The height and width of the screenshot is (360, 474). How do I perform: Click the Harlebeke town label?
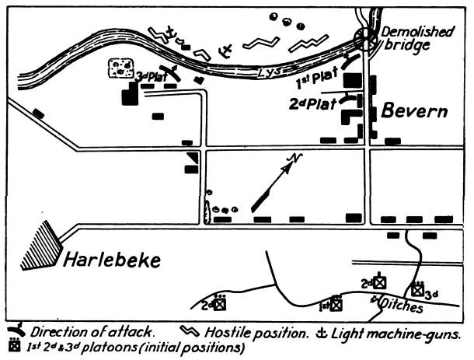coord(112,260)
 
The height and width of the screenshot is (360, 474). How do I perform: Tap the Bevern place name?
coord(414,111)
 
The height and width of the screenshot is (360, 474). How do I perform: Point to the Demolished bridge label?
coord(417,39)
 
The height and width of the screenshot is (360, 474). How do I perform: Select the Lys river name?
coord(269,72)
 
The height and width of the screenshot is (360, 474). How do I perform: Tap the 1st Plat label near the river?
coord(317,78)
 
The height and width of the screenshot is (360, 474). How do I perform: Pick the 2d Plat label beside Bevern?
coord(313,104)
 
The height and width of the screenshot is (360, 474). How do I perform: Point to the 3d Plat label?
coord(152,76)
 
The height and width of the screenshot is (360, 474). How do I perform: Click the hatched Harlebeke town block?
coord(42,246)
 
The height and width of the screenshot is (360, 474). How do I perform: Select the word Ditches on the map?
coord(400,305)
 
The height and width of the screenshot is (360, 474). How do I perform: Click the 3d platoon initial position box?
coord(418,291)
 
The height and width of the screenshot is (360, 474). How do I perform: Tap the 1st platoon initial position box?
coord(336,305)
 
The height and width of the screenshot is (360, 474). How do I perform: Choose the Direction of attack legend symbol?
coord(16,330)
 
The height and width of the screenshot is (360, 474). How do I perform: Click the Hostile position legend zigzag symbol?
coord(190,331)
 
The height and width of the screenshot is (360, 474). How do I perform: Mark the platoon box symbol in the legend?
coord(15,345)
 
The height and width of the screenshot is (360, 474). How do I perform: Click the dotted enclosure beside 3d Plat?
coord(121,68)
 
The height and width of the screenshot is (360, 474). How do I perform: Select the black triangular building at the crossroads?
coord(193,157)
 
